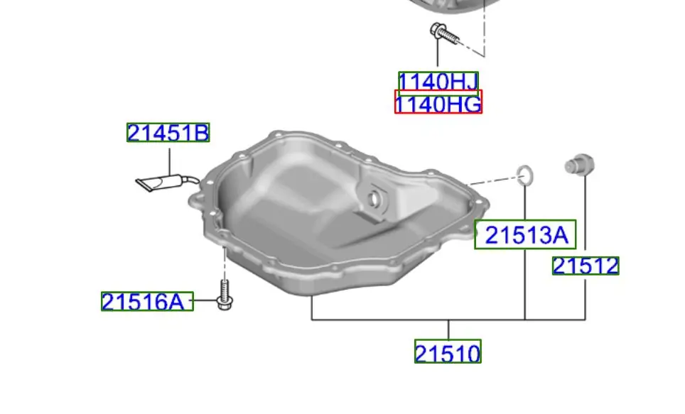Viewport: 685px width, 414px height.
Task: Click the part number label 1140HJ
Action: click(438, 82)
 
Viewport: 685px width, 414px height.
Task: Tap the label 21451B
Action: click(168, 133)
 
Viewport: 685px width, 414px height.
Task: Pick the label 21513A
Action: click(526, 234)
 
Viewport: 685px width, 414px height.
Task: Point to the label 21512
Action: click(586, 266)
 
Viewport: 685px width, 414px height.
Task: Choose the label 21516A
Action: click(147, 301)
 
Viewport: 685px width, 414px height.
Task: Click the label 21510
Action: click(448, 352)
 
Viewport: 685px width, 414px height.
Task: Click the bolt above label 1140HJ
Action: click(444, 33)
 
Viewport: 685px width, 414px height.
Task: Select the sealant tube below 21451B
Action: click(167, 183)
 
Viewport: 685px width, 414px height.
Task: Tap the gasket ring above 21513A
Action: click(525, 175)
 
